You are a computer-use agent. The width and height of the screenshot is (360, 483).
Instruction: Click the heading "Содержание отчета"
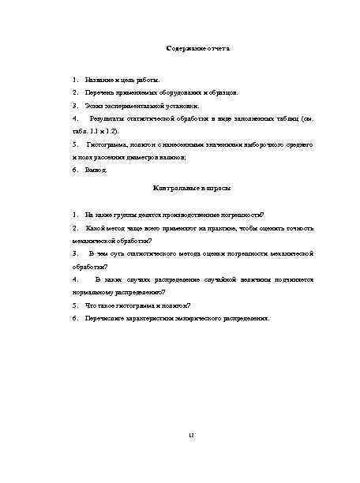197,49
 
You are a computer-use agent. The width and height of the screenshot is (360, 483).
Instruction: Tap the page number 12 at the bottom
191,436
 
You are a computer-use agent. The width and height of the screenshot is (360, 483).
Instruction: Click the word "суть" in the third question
118,253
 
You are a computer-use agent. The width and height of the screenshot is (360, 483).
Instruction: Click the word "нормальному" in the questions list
92,291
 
